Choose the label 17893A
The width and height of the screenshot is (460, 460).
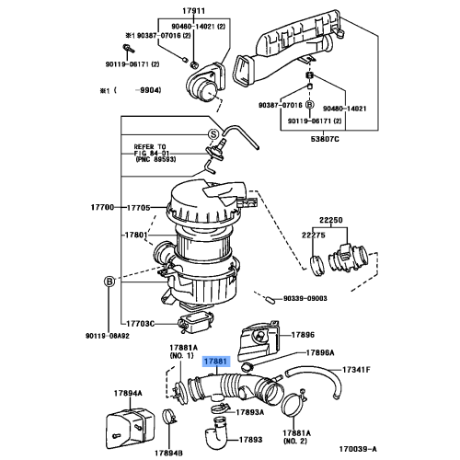[x=248, y=411]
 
